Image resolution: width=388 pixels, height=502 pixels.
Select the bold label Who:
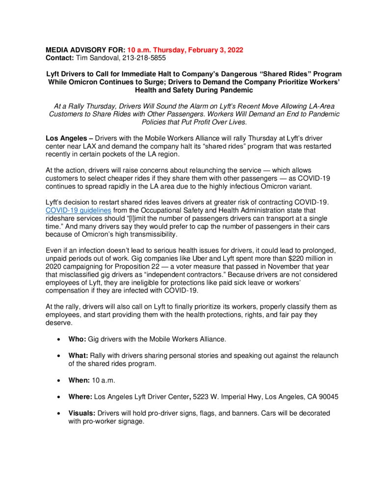(77, 339)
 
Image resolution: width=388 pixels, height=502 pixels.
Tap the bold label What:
(78, 355)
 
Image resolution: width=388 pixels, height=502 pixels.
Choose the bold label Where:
(80, 397)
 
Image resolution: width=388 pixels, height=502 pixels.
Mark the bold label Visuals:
(82, 413)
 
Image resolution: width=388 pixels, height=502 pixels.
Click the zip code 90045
(327, 397)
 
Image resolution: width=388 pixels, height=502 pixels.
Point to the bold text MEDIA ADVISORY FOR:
(86, 50)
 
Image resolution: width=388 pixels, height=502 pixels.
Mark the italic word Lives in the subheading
(235, 122)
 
